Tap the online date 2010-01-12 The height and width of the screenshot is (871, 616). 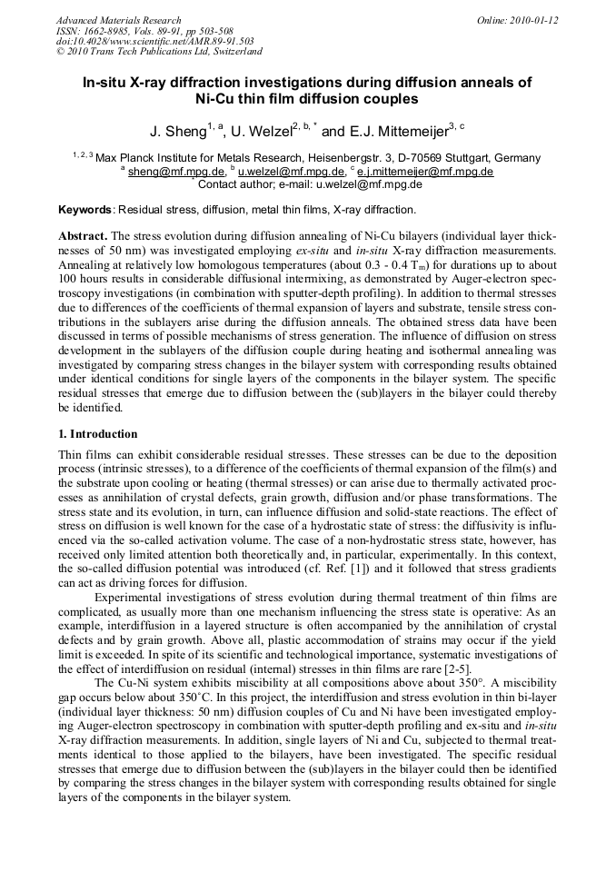(533, 20)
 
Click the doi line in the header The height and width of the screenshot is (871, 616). (154, 41)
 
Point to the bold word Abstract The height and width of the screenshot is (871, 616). (84, 235)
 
